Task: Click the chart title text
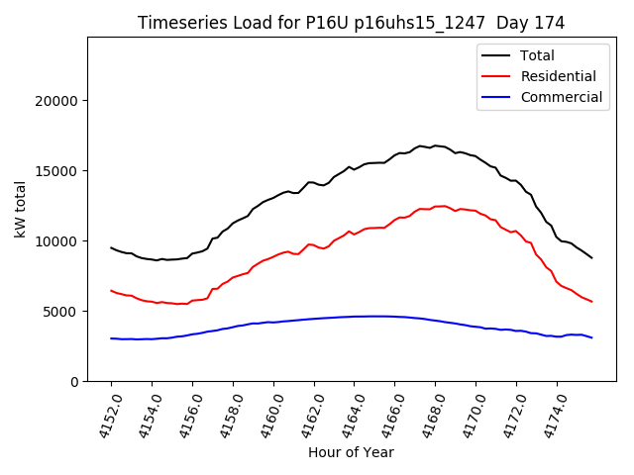coord(351,23)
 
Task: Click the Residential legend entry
coord(558,76)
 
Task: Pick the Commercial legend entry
coord(561,97)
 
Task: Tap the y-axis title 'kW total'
coord(20,209)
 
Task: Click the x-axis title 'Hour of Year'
coord(351,452)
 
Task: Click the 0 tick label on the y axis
coord(73,382)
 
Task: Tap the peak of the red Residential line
coord(443,206)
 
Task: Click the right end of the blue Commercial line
coord(592,338)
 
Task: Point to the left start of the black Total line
coord(111,247)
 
